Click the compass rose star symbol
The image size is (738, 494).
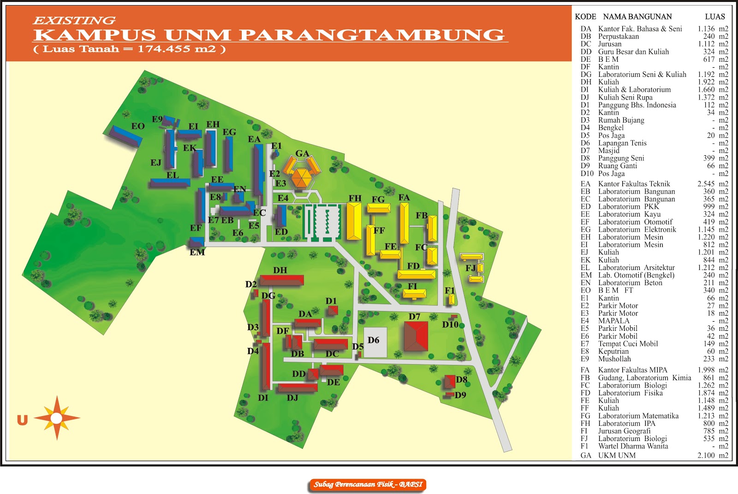click(56, 418)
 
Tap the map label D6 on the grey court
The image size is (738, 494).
click(374, 340)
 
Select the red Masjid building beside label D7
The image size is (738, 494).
click(416, 336)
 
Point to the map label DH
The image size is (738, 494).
click(280, 270)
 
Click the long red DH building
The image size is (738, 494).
click(282, 280)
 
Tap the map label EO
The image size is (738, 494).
click(138, 126)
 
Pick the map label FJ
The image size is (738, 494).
click(470, 268)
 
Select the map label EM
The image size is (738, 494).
click(197, 252)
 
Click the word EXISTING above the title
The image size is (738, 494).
click(74, 20)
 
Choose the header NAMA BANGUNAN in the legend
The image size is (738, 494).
click(637, 17)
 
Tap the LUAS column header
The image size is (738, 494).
click(715, 17)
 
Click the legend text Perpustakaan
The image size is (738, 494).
click(619, 36)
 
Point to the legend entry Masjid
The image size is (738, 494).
click(609, 151)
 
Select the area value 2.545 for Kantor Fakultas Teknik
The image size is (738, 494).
click(706, 184)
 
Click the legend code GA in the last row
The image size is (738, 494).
click(586, 455)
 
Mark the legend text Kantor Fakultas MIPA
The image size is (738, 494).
click(632, 370)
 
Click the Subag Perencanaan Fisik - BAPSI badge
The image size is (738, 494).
click(368, 484)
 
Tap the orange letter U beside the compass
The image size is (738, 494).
click(22, 420)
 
